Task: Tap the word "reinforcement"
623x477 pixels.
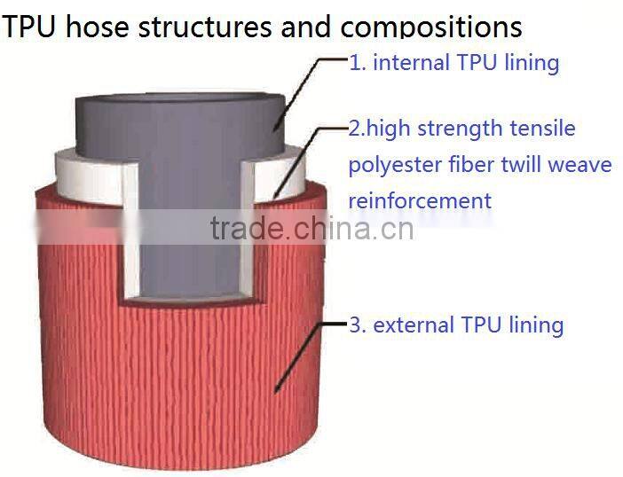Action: coord(419,200)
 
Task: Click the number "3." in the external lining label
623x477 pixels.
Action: coord(358,325)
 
